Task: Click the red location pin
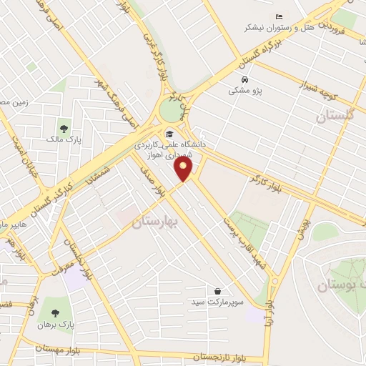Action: (x=184, y=169)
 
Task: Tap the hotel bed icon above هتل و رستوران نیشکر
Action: (x=279, y=16)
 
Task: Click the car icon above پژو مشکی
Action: (x=245, y=79)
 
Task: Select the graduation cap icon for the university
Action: (x=169, y=134)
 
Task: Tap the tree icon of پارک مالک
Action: (x=64, y=128)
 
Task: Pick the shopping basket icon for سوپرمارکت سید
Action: (x=217, y=290)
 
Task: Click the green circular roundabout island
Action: (x=170, y=110)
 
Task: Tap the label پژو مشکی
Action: (x=244, y=91)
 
